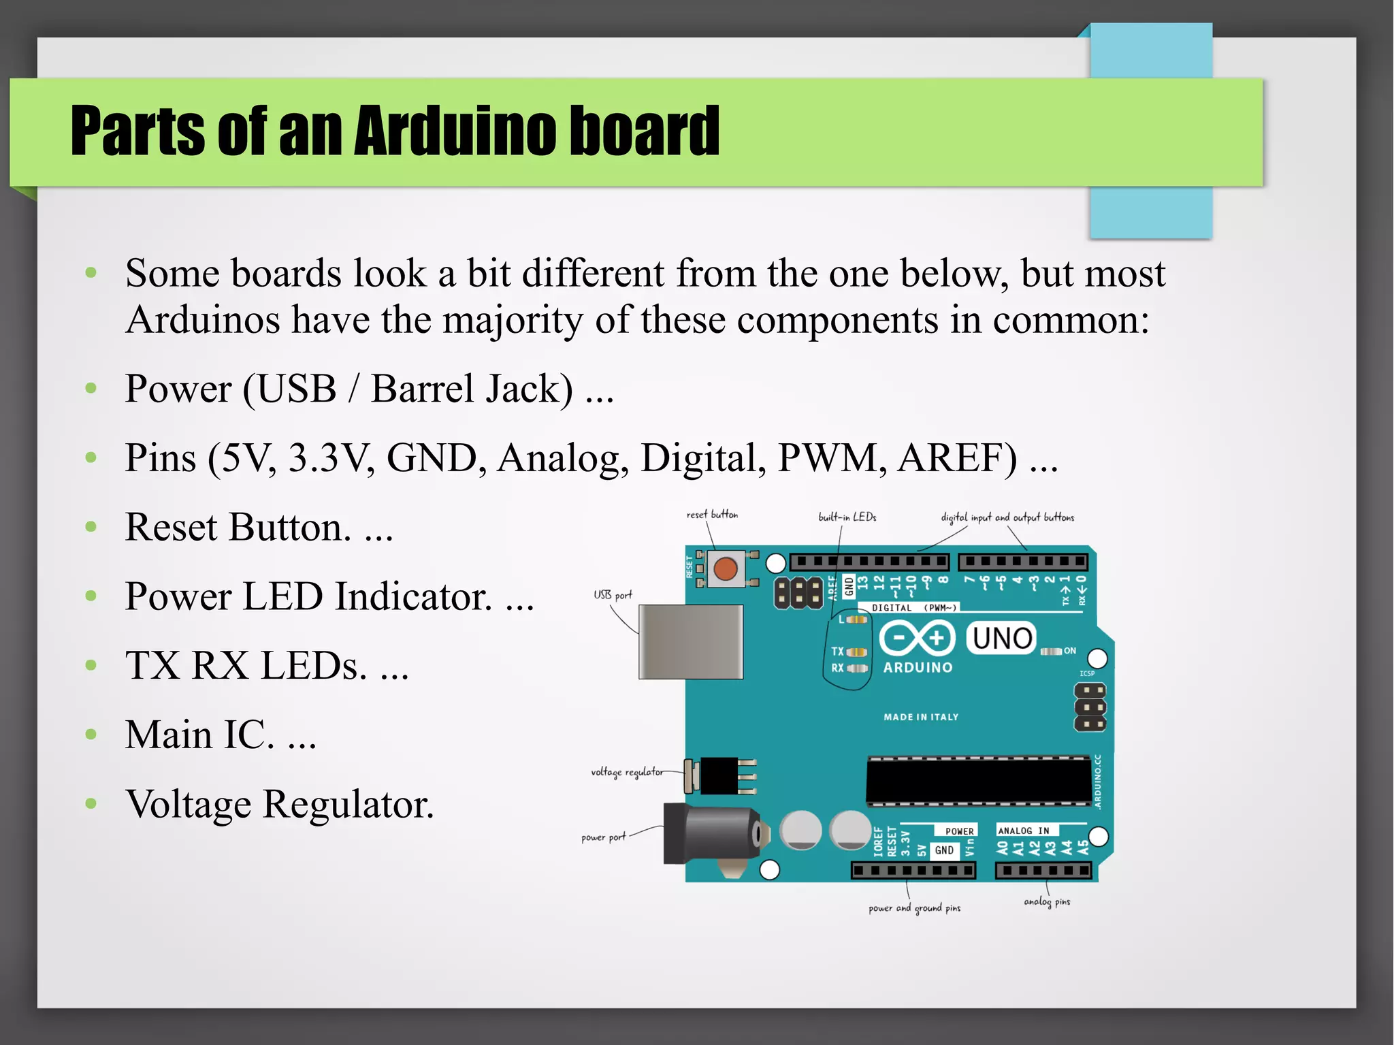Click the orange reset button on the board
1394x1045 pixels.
(726, 568)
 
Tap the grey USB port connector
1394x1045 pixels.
(690, 641)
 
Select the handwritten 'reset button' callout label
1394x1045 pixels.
(712, 515)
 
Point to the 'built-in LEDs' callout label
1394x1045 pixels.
(847, 517)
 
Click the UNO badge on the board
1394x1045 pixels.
(1001, 638)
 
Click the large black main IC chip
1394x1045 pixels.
(978, 780)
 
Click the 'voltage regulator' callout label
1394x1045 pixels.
(626, 772)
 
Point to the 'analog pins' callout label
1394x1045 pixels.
(1047, 901)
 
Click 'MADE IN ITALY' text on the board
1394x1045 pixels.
(921, 717)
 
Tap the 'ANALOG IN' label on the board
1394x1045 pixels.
(1023, 831)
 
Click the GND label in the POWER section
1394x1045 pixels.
(944, 850)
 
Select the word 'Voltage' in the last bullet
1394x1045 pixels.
(189, 804)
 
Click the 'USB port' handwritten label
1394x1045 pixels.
(613, 595)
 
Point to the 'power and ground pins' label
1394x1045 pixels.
(914, 908)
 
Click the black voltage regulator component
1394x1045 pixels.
(719, 775)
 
